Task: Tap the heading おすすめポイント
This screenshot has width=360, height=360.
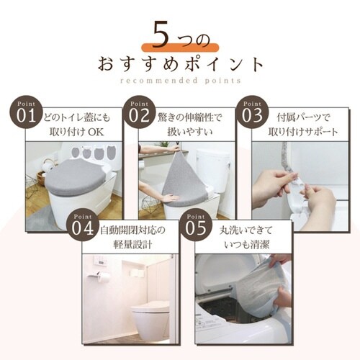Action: click(x=180, y=66)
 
